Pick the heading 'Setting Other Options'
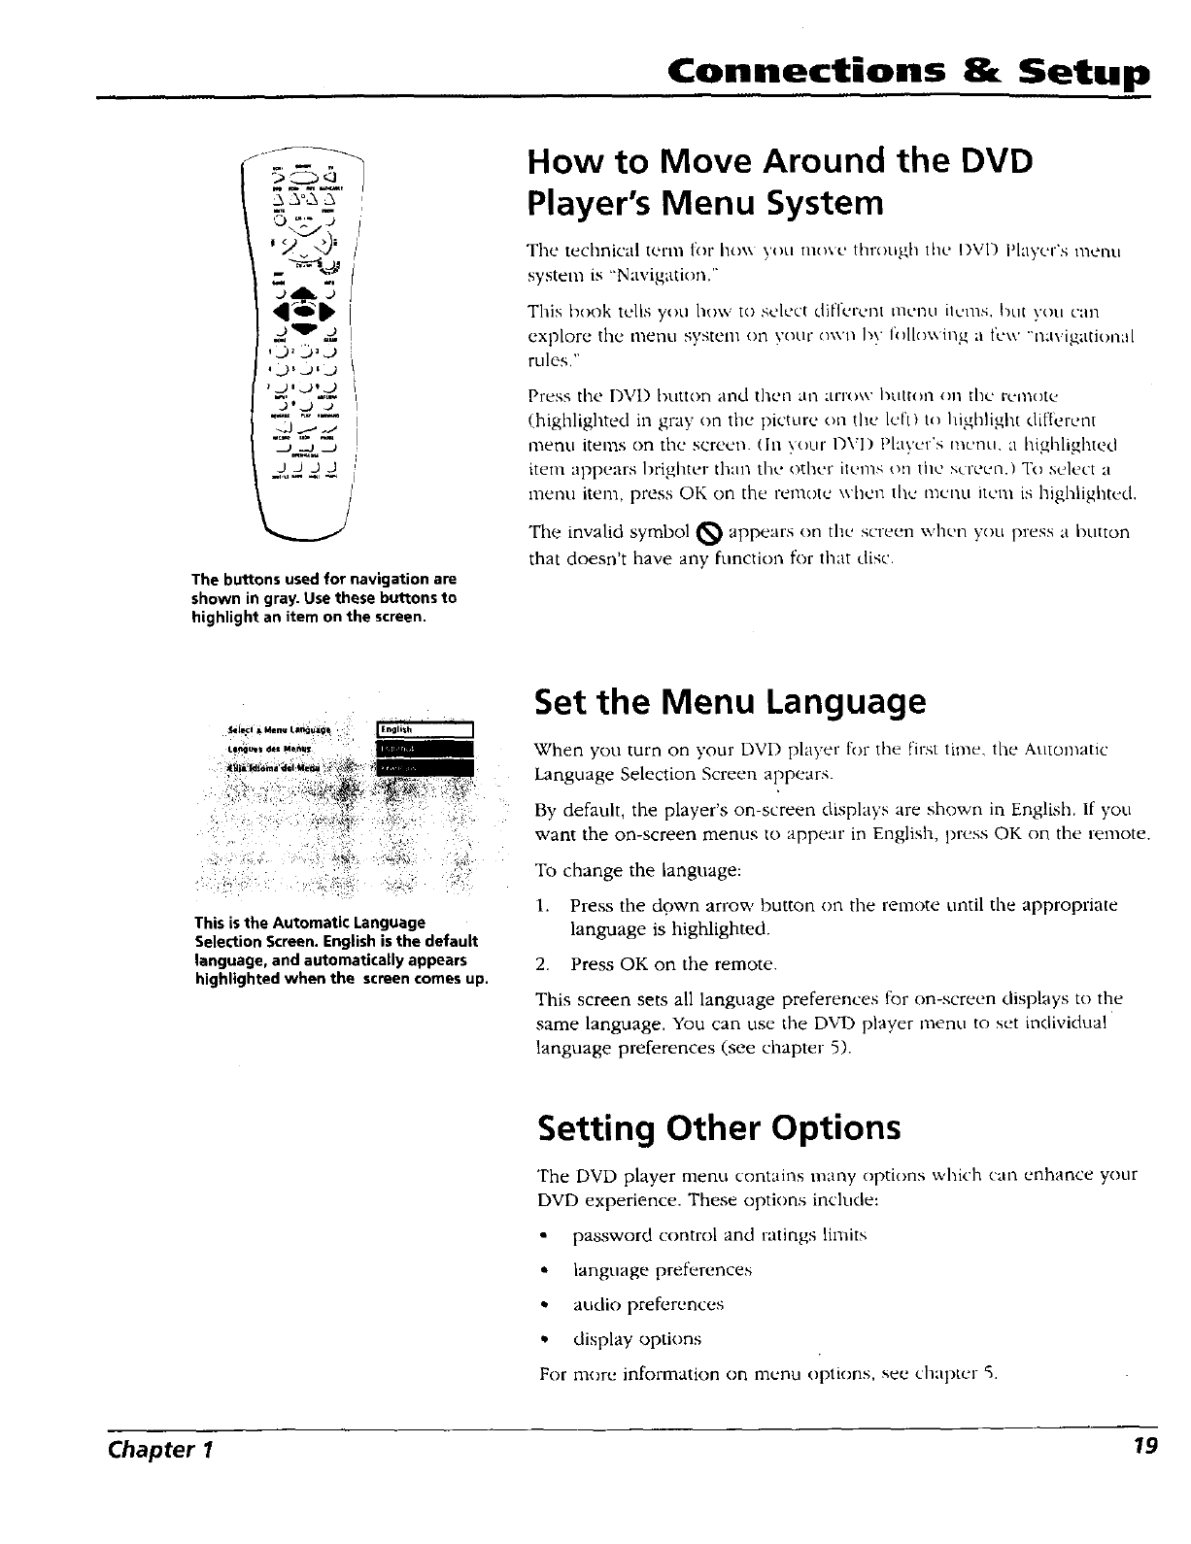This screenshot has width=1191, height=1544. pyautogui.click(x=719, y=1128)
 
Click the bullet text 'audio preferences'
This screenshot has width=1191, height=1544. pyautogui.click(x=647, y=1304)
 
